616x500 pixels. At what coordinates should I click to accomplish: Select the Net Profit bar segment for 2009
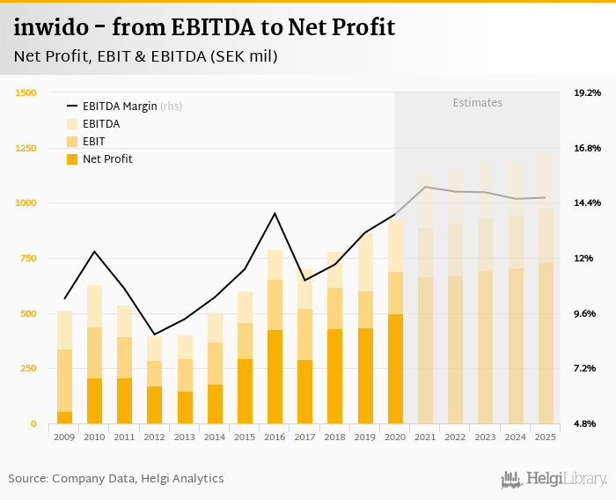pyautogui.click(x=64, y=417)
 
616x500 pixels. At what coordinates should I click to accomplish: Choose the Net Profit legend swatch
pyautogui.click(x=72, y=159)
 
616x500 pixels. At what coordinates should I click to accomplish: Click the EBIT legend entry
pyautogui.click(x=94, y=141)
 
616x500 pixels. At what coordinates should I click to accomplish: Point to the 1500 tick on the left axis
pyautogui.click(x=26, y=92)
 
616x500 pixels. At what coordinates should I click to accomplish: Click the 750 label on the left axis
pyautogui.click(x=28, y=258)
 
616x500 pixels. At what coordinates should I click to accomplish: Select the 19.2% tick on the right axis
pyautogui.click(x=587, y=92)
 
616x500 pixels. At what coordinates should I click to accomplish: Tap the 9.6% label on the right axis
pyautogui.click(x=587, y=313)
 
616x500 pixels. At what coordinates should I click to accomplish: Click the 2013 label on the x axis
pyautogui.click(x=185, y=437)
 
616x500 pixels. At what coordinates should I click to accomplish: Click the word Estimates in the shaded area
pyautogui.click(x=478, y=103)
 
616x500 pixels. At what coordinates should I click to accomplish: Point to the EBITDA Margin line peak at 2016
pyautogui.click(x=275, y=213)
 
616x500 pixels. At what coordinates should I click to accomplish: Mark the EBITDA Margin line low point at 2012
pyautogui.click(x=155, y=335)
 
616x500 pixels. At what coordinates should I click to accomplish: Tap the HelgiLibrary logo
pyautogui.click(x=554, y=479)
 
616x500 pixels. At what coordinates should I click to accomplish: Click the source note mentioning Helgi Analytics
pyautogui.click(x=116, y=478)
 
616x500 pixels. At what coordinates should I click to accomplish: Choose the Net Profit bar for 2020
pyautogui.click(x=396, y=369)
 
